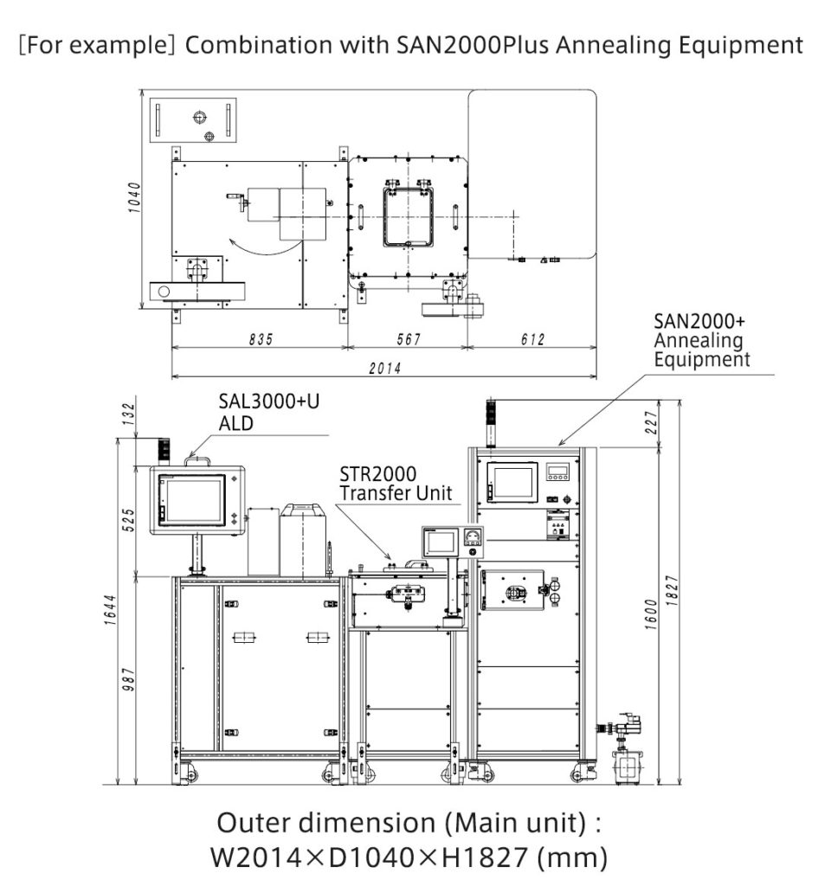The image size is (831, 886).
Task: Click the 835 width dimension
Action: coord(261,339)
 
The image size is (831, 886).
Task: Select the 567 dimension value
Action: coord(409,339)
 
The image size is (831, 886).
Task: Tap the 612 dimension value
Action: coord(532,339)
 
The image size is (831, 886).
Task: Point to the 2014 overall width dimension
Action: coord(385,369)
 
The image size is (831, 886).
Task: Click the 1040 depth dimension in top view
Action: coord(134,197)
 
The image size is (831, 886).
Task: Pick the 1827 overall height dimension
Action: coord(671,590)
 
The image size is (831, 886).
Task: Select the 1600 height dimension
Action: coord(651,614)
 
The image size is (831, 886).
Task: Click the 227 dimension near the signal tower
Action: coord(652,422)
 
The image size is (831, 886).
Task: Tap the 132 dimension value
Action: coord(129,414)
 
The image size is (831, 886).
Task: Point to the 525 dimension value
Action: coord(129,520)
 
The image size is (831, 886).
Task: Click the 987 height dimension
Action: coord(129,679)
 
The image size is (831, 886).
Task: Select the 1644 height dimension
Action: coord(110,610)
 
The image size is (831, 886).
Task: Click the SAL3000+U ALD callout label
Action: coord(269,412)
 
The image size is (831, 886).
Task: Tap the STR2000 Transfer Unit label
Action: coord(396,483)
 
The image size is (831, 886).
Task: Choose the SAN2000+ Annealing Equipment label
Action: coord(702,340)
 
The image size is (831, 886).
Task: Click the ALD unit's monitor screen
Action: coord(193,500)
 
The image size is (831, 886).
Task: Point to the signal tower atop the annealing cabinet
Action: coord(490,423)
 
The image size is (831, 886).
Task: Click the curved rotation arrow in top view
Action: coord(265,247)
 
